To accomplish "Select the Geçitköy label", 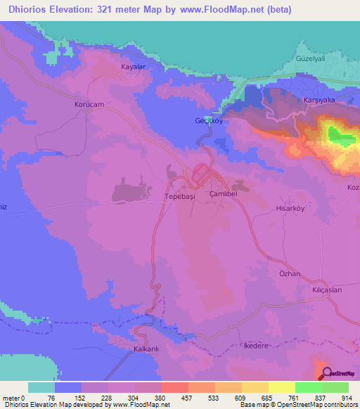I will (x=208, y=120).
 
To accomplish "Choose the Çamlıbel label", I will (x=224, y=197).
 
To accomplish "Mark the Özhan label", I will (x=289, y=273).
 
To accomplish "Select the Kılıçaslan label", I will (x=322, y=290).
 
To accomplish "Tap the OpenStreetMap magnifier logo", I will (x=328, y=373).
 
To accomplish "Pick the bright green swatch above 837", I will (x=308, y=387).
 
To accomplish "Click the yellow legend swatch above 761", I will (x=281, y=387).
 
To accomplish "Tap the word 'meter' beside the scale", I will (x=12, y=397).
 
